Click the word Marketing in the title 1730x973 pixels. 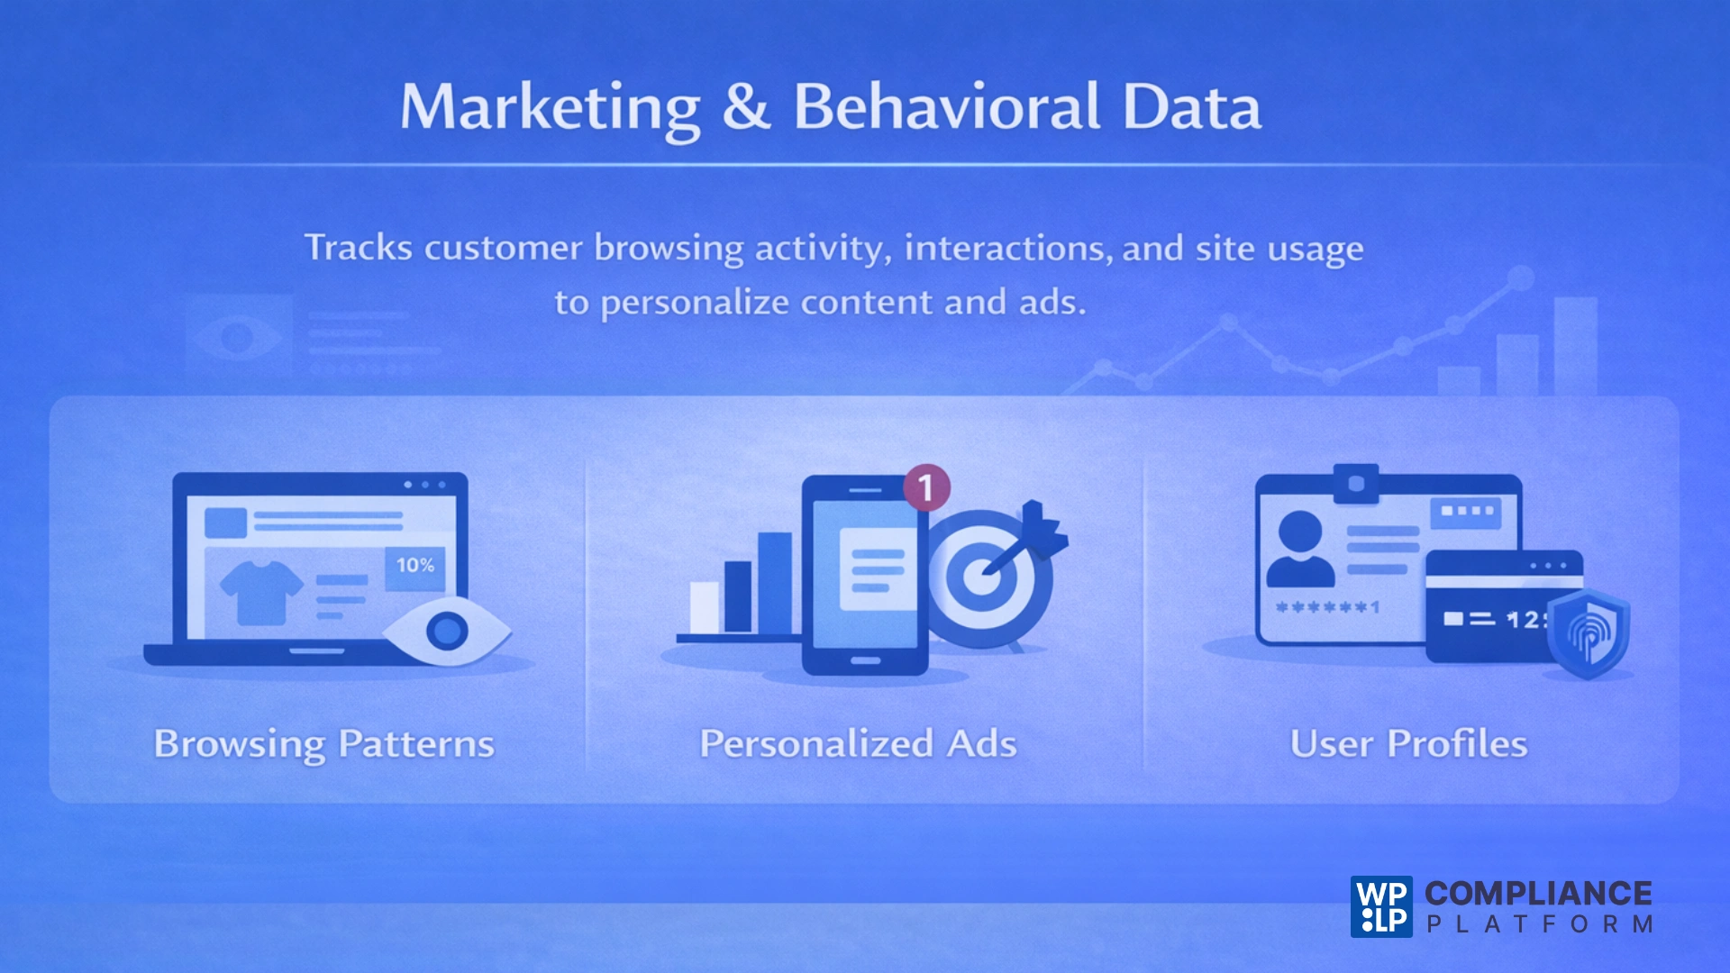click(550, 108)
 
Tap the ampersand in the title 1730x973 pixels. click(746, 106)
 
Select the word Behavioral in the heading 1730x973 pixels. click(946, 106)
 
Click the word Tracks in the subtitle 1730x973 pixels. click(358, 248)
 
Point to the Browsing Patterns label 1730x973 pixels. click(324, 744)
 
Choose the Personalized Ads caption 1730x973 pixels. click(858, 744)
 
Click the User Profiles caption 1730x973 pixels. click(1408, 744)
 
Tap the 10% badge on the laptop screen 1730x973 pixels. click(415, 566)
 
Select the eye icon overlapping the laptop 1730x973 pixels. click(447, 631)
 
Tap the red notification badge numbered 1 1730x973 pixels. click(925, 487)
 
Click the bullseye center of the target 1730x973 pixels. click(981, 577)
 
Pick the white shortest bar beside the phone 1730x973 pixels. click(705, 607)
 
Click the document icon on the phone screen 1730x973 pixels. click(871, 568)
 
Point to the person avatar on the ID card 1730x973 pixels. click(1300, 550)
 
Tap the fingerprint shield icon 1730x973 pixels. click(1589, 633)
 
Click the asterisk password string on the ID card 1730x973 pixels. click(1327, 607)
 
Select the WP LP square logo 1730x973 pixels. click(1381, 906)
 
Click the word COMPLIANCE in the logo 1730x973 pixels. click(1538, 893)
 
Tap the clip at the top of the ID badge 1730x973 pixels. click(1356, 484)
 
